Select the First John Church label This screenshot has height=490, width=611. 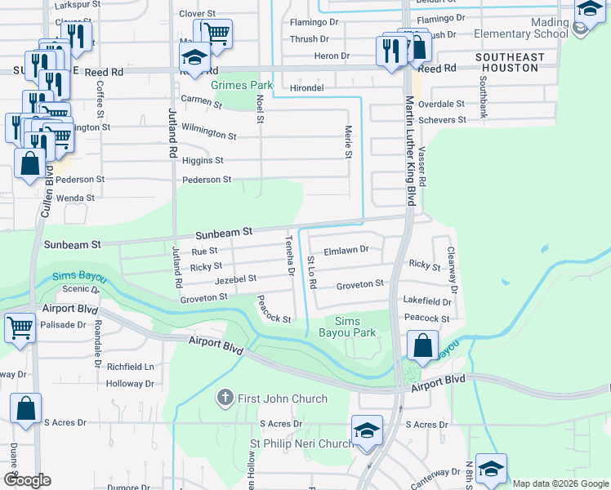click(282, 399)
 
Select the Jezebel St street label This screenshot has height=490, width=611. click(235, 279)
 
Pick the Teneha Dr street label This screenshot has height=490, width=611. click(289, 256)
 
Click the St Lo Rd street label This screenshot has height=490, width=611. click(311, 272)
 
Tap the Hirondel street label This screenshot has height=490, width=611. click(307, 87)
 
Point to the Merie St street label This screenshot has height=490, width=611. click(348, 142)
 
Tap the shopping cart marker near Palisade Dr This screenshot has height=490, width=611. click(20, 329)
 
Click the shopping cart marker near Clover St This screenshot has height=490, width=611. click(216, 34)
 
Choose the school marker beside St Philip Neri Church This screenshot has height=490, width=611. click(368, 430)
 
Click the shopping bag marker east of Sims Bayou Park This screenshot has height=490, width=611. click(422, 345)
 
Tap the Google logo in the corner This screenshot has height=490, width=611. click(27, 480)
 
